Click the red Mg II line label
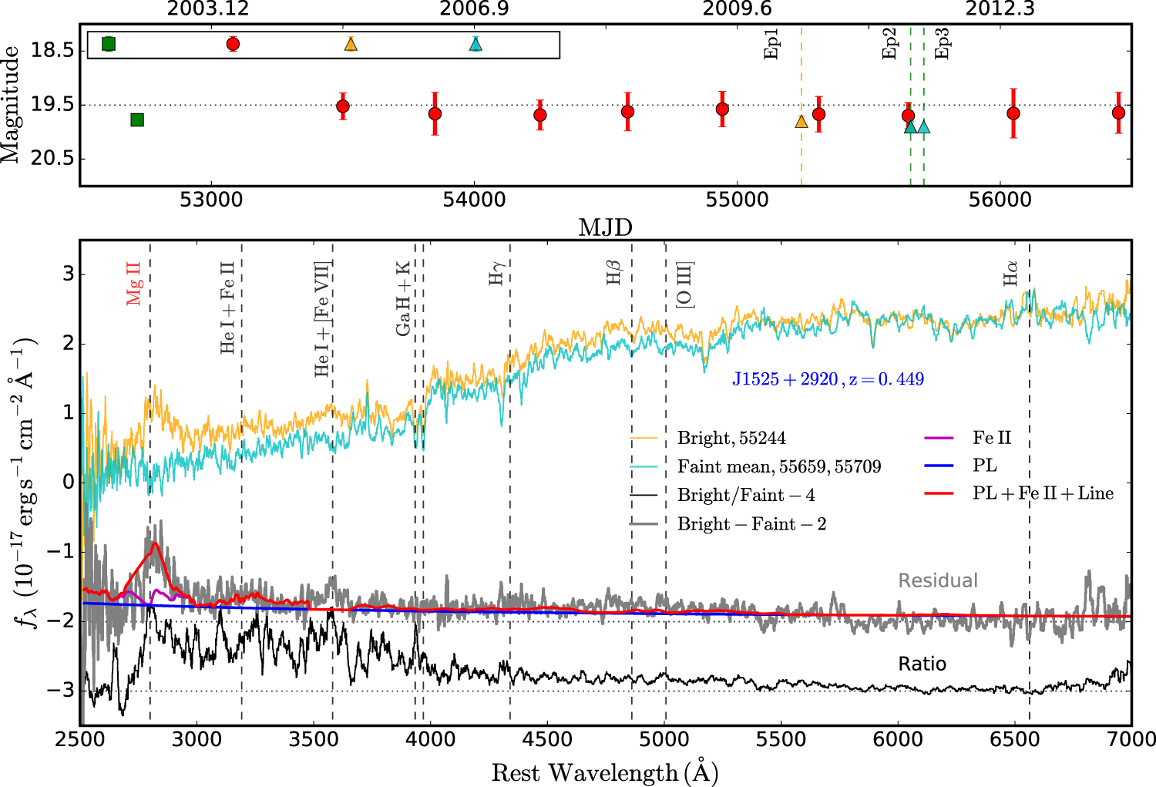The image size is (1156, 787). (x=135, y=283)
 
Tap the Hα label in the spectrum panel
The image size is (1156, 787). (x=1010, y=273)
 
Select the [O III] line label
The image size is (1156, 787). (x=684, y=285)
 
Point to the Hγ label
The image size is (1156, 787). (x=497, y=273)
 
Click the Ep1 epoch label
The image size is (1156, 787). (x=772, y=44)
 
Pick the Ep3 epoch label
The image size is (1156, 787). (x=942, y=43)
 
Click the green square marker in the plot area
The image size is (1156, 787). (x=137, y=119)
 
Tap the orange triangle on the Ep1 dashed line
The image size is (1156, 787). (x=801, y=121)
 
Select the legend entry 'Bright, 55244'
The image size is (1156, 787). (x=731, y=438)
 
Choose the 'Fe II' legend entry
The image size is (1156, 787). (x=991, y=438)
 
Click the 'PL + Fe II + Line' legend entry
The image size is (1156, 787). (x=1043, y=493)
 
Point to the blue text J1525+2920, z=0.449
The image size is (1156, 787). (x=828, y=379)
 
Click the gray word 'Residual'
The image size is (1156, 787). (x=938, y=580)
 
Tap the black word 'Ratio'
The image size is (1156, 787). (x=922, y=664)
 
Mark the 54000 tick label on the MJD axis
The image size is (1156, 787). (x=474, y=200)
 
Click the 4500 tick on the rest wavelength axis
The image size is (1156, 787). (x=547, y=738)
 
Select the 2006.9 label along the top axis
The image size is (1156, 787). (x=474, y=9)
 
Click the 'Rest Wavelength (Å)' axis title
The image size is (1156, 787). (x=605, y=772)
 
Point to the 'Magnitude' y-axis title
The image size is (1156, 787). (x=11, y=104)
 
